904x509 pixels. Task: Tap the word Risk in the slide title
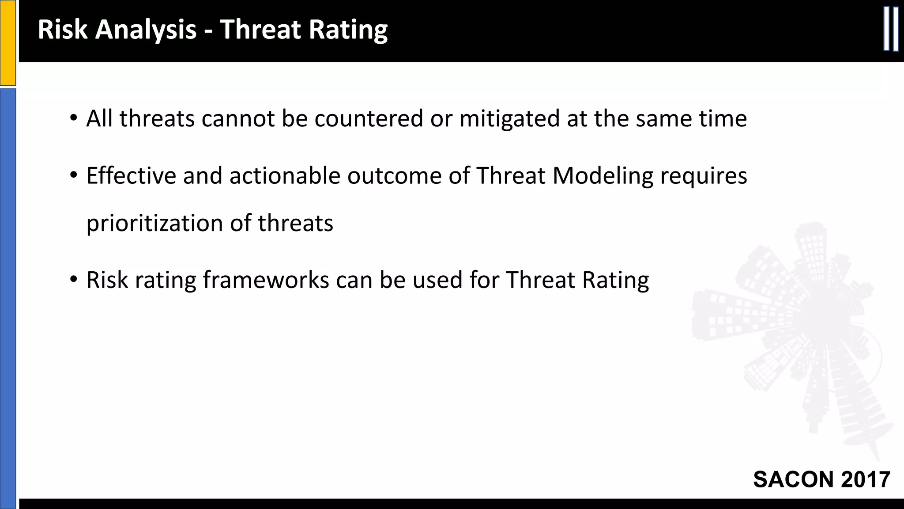point(62,30)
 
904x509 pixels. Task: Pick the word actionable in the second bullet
point(285,176)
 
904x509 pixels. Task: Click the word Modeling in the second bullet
point(603,176)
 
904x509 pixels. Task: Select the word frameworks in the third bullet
point(266,280)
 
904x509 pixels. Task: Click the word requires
point(704,176)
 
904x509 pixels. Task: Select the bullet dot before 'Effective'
point(73,176)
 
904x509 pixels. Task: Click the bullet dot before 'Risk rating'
point(73,280)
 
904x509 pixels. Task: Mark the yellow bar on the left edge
point(8,42)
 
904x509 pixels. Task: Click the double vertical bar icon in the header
point(891,30)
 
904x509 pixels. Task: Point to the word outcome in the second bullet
point(395,176)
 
